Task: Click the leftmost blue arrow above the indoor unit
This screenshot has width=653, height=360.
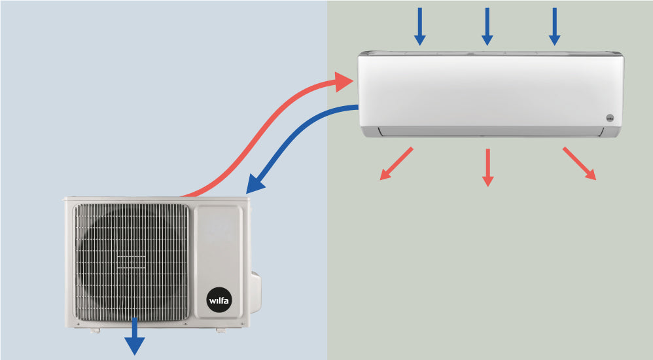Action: [x=420, y=27]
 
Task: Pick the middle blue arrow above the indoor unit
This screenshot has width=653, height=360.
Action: [x=487, y=27]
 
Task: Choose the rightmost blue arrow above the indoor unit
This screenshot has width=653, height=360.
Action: [x=554, y=27]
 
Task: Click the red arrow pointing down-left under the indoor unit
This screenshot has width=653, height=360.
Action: [x=396, y=164]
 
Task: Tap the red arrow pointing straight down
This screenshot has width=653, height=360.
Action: [x=487, y=168]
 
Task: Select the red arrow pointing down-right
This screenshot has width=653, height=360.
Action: [x=580, y=164]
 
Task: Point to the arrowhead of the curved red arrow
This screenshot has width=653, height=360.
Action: [x=343, y=82]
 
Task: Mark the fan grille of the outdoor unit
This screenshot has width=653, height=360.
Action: [x=132, y=262]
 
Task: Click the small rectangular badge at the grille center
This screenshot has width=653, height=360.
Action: [x=132, y=262]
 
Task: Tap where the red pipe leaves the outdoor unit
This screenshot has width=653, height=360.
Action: [x=186, y=194]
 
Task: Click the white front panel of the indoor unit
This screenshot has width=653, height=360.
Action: [x=484, y=88]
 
